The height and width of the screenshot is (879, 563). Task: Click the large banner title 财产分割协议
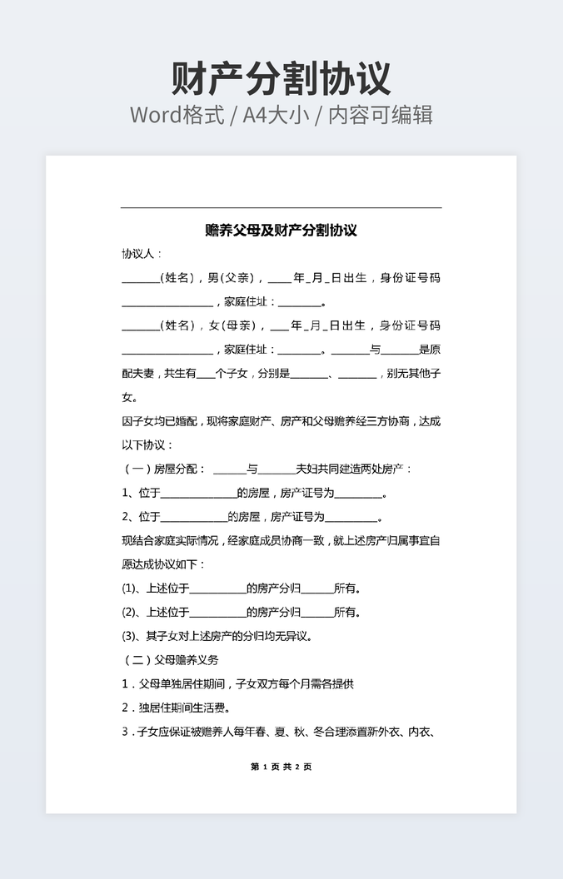click(281, 78)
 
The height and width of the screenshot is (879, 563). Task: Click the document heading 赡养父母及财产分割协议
click(281, 231)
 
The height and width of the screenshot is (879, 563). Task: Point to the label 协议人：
click(142, 253)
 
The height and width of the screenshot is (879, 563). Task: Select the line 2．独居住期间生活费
click(176, 708)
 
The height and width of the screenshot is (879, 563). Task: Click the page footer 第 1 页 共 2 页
click(281, 767)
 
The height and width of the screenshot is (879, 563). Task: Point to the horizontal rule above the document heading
click(281, 207)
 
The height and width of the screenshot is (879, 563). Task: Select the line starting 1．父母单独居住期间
click(238, 684)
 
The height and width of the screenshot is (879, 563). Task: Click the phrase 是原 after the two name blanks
click(430, 350)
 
